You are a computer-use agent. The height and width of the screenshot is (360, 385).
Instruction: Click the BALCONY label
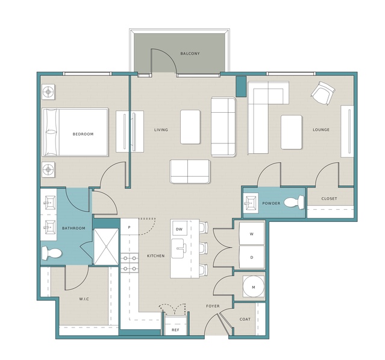(x=190, y=53)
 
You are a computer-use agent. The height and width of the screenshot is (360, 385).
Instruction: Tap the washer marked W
(x=252, y=234)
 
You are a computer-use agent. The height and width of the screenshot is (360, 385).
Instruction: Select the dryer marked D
(x=252, y=257)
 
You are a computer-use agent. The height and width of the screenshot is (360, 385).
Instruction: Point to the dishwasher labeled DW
(x=180, y=229)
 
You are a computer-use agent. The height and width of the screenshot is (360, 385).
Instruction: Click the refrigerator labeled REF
(x=175, y=325)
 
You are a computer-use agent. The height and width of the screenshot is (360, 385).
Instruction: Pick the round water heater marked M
(x=254, y=286)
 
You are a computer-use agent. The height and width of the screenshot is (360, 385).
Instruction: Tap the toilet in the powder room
(x=294, y=203)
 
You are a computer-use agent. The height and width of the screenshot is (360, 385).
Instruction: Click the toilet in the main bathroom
(x=51, y=253)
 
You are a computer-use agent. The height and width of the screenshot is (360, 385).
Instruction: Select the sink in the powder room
(x=251, y=203)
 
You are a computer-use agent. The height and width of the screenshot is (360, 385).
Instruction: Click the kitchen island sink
(x=179, y=248)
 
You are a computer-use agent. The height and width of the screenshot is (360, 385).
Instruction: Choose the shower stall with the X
(x=106, y=247)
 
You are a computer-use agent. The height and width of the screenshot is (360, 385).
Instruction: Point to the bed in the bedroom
(x=75, y=132)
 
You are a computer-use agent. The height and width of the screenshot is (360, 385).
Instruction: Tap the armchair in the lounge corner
(x=323, y=93)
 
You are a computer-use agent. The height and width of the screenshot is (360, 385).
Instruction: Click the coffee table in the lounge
(x=291, y=132)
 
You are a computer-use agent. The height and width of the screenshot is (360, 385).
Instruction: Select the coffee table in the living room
(x=190, y=127)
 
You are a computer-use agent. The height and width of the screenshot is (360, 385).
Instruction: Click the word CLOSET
(x=329, y=198)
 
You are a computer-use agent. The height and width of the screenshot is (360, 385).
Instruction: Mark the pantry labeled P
(x=130, y=227)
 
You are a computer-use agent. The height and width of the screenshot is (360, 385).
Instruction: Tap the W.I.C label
(x=84, y=299)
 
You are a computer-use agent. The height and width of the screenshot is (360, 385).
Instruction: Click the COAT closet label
(x=245, y=319)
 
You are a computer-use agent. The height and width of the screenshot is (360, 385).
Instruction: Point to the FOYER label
(x=213, y=306)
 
